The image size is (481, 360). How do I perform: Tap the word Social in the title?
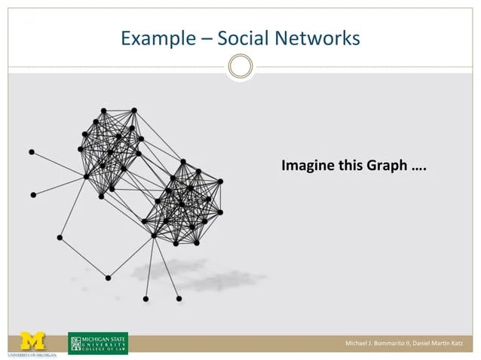pos(240,38)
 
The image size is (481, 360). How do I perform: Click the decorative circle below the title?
pos(240,66)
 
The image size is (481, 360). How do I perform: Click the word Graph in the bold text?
pos(387,166)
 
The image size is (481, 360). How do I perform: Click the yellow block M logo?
pos(32,340)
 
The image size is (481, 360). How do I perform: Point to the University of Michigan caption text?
pos(32,353)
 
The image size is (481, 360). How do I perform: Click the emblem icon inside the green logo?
pos(75,343)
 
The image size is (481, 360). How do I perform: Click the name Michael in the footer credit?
pos(357,344)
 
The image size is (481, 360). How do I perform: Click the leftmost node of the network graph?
pos(32,152)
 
